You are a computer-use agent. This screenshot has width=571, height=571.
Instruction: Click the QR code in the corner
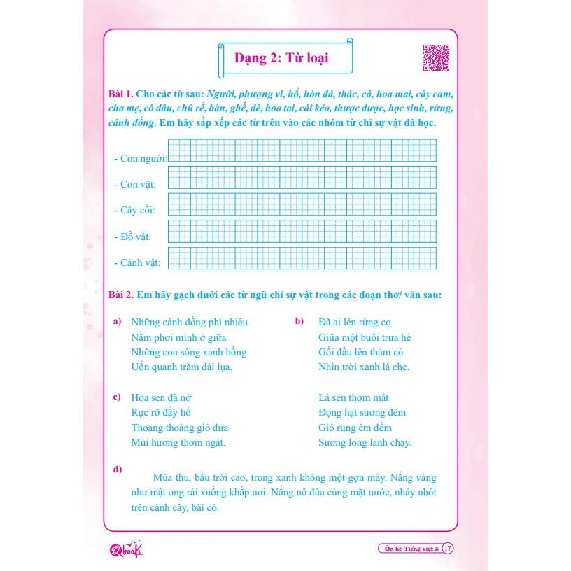tap(435, 57)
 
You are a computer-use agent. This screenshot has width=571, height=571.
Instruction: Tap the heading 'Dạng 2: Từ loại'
tap(286, 59)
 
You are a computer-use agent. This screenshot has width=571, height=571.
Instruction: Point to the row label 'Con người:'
tap(140, 158)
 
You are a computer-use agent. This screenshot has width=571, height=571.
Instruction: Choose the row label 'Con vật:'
tap(135, 184)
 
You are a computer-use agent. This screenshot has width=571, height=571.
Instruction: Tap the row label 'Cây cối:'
tap(135, 210)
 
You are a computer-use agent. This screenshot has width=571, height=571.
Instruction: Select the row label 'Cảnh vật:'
tap(137, 262)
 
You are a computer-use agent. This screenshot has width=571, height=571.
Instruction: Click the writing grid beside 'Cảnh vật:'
tap(302, 258)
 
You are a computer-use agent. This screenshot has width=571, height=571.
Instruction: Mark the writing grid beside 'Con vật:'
tap(302, 179)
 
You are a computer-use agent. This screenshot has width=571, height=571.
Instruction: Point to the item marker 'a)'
tap(117, 321)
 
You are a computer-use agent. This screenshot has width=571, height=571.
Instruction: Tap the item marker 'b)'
tap(299, 321)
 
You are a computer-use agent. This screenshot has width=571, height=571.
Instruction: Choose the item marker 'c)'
tap(117, 397)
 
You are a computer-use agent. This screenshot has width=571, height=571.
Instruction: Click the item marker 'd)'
tap(117, 469)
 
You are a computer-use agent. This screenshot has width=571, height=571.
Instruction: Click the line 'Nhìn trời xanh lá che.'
tap(363, 367)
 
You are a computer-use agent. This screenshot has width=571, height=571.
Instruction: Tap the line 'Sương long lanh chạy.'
tap(365, 442)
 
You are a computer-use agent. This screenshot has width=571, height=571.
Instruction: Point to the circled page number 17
tap(449, 549)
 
